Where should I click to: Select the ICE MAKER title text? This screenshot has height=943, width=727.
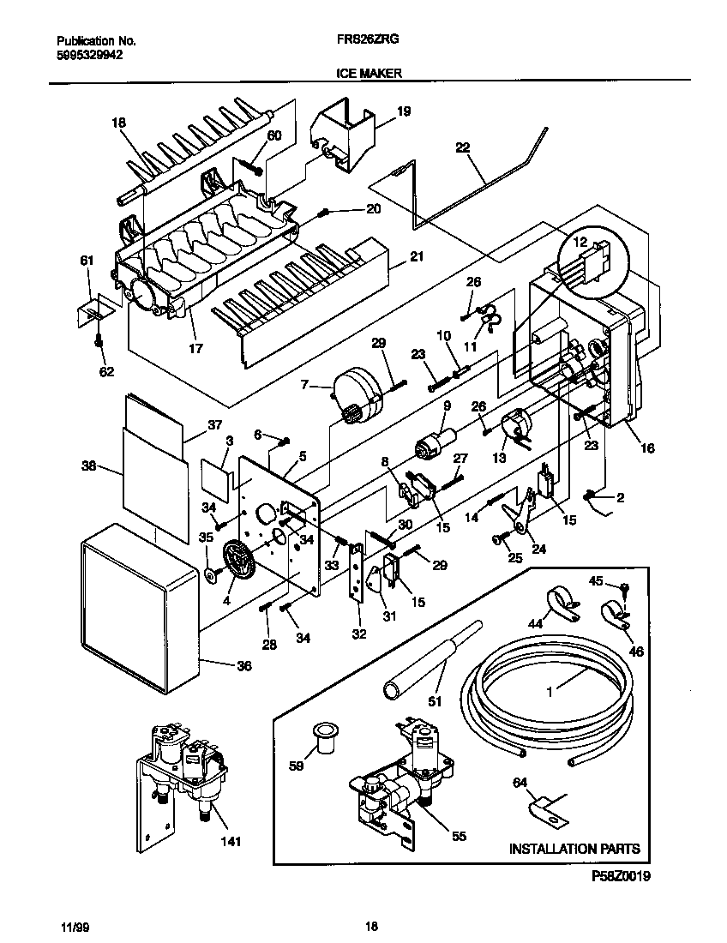pos(364,74)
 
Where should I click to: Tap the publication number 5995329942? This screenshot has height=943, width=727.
pos(89,55)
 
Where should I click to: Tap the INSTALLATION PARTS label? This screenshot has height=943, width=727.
pos(574,849)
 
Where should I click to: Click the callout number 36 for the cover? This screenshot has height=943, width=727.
pos(243,664)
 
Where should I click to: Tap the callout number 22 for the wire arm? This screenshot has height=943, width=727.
pos(462,147)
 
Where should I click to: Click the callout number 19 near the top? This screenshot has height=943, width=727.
pos(403,111)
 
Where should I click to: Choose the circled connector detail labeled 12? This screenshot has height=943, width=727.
pos(592,257)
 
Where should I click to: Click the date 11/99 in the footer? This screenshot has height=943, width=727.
pos(75,927)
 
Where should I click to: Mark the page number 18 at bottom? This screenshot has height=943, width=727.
pos(370,926)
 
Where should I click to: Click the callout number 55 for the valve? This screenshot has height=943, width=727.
pos(459,836)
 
